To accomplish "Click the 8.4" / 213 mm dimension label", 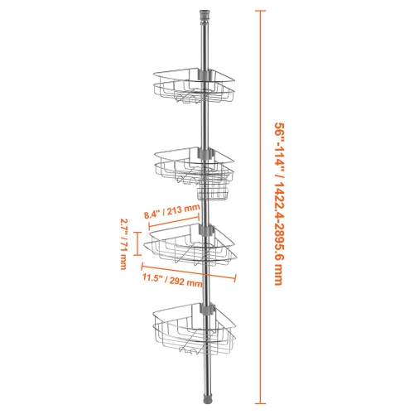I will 171,210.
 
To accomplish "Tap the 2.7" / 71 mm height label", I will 122,245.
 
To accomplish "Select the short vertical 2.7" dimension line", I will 138,243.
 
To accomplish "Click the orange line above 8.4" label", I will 175,219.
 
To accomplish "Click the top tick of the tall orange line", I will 262,12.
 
